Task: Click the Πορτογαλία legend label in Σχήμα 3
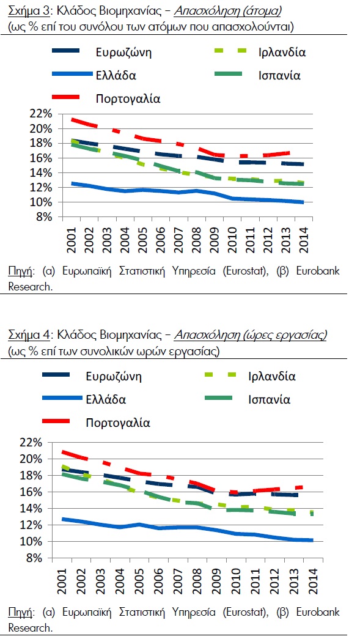[x=128, y=98]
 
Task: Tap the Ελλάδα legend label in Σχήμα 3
[x=116, y=75]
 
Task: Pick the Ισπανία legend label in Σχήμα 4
[x=269, y=399]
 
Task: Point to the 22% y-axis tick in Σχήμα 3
[x=40, y=114]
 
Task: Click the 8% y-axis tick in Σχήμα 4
[x=35, y=558]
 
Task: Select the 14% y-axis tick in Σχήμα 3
[x=40, y=173]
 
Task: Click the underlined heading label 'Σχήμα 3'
[x=28, y=12]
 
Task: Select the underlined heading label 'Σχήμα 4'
[x=28, y=335]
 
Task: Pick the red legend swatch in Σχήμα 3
[x=67, y=97]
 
